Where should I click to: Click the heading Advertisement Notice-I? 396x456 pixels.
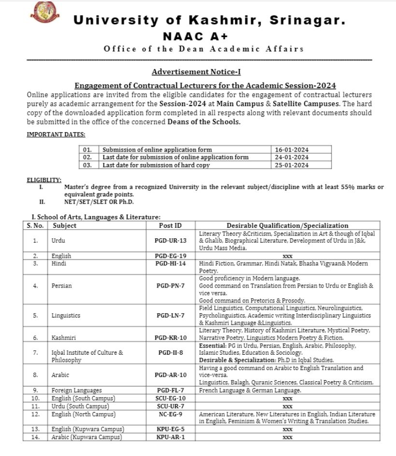tap(196, 72)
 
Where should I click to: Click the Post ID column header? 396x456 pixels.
tap(170, 225)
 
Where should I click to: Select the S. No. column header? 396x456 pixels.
tap(35, 225)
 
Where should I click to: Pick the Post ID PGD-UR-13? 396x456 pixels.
tap(171, 240)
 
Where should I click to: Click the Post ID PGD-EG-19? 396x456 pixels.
tap(171, 256)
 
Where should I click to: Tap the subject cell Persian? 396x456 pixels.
tap(61, 286)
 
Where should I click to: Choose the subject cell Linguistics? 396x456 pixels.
tap(66, 316)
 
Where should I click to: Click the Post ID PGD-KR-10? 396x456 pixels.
tap(171, 338)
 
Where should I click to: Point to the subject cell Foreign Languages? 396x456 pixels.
tap(76, 390)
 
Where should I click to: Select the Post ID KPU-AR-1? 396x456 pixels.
tap(170, 437)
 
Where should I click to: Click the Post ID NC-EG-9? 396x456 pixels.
tap(170, 414)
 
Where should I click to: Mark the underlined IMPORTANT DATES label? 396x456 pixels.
tap(56, 135)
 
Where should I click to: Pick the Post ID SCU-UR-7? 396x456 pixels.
tap(170, 406)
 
